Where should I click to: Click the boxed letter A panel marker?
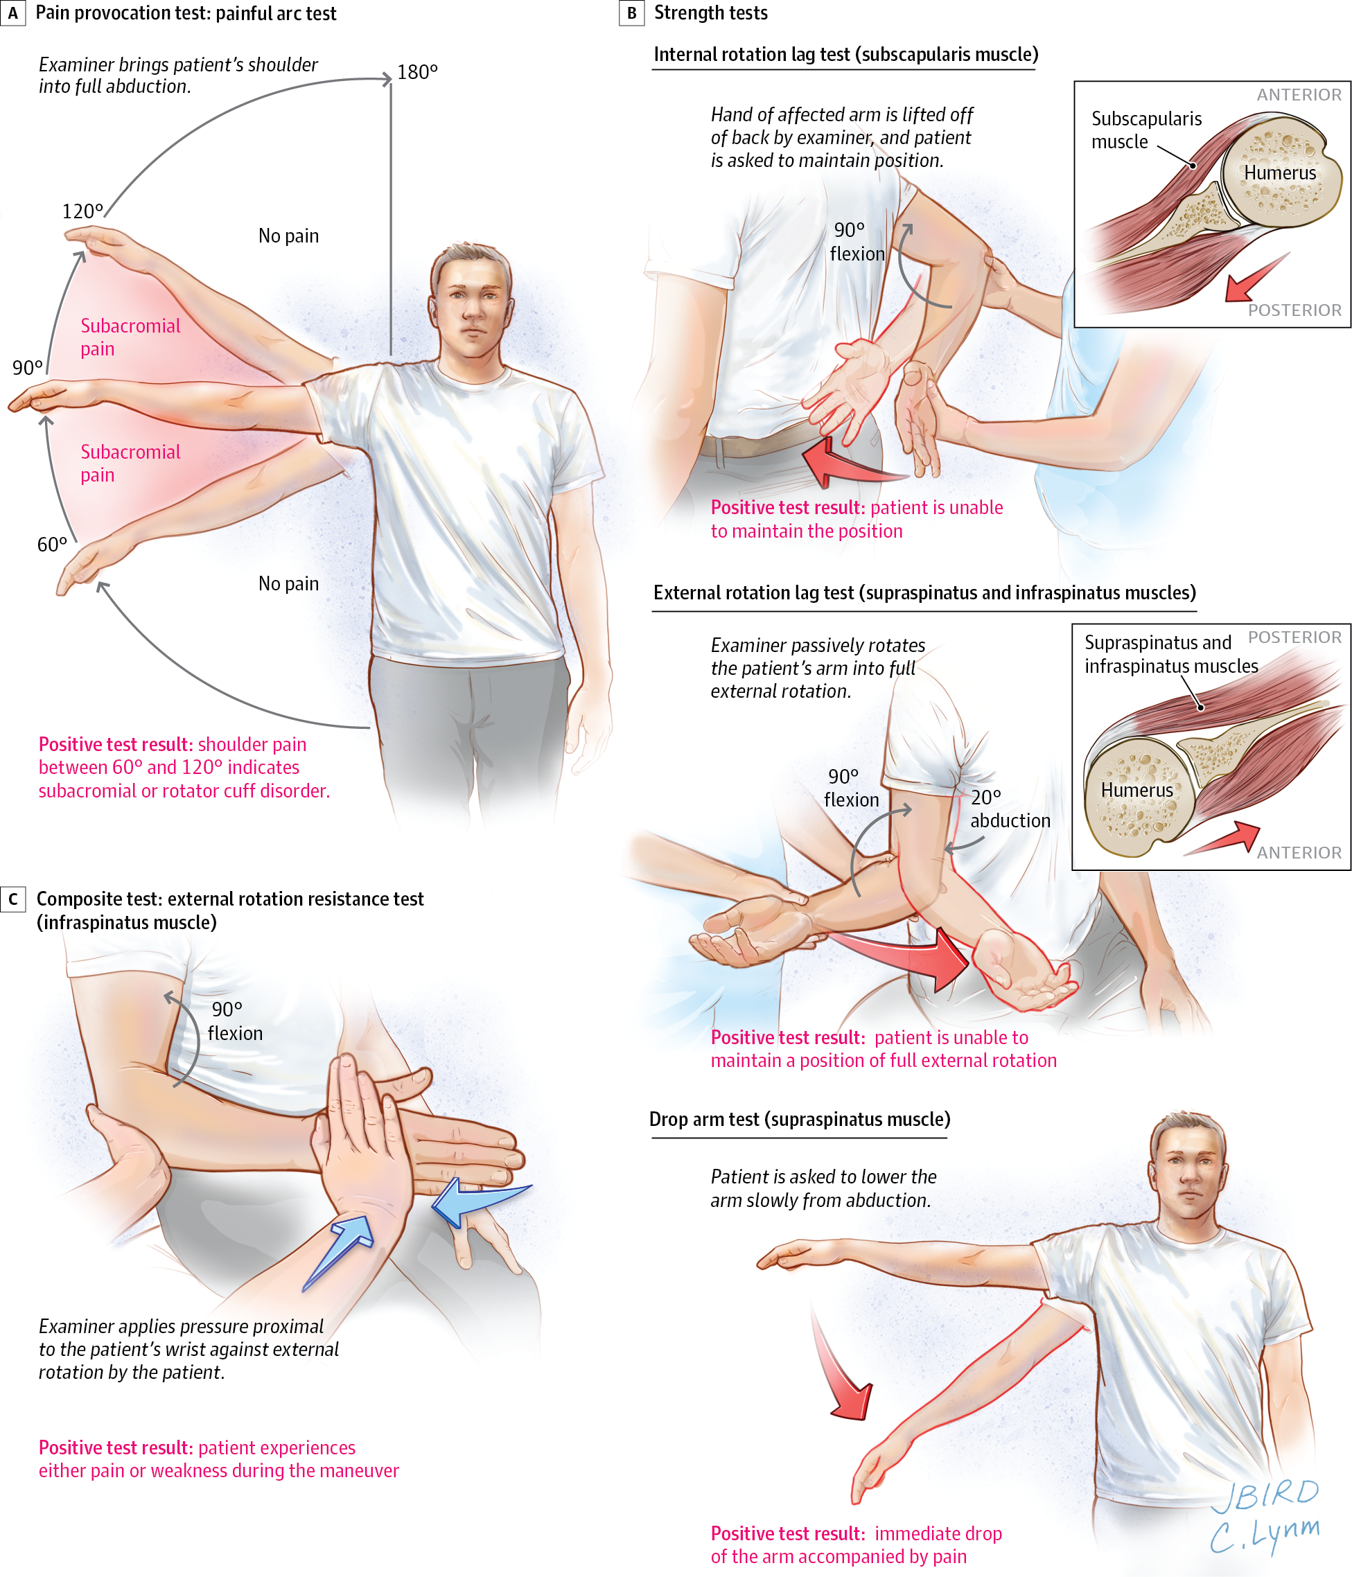[13, 13]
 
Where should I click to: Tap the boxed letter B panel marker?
[631, 13]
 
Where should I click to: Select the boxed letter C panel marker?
[13, 899]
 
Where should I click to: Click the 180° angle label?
[417, 72]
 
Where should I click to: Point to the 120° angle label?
[82, 211]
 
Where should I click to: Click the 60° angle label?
[52, 544]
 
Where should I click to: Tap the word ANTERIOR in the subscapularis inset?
[1299, 95]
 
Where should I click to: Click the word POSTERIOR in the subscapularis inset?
[1294, 310]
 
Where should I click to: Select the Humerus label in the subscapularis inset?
[1280, 173]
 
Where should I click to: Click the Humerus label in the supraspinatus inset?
[1136, 790]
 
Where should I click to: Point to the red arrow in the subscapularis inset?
[1254, 279]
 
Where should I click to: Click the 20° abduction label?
[1009, 809]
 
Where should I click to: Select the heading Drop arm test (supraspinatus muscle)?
[799, 1119]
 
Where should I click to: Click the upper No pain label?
[288, 236]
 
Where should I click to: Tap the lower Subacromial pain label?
[130, 463]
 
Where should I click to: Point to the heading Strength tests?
[710, 13]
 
